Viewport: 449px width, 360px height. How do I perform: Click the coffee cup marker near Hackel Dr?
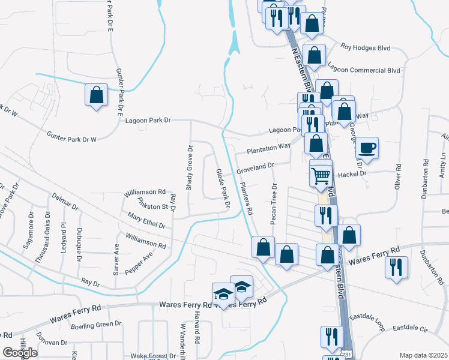pyautogui.click(x=367, y=147)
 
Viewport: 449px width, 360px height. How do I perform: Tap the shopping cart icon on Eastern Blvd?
pyautogui.click(x=321, y=175)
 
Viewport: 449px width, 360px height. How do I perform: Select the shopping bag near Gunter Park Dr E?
pyautogui.click(x=96, y=95)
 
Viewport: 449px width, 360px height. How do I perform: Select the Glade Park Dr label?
pyautogui.click(x=223, y=188)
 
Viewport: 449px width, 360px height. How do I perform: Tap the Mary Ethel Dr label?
pyautogui.click(x=146, y=220)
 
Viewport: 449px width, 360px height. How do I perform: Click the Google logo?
pyautogui.click(x=20, y=353)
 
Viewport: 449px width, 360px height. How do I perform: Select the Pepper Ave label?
pyautogui.click(x=139, y=262)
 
